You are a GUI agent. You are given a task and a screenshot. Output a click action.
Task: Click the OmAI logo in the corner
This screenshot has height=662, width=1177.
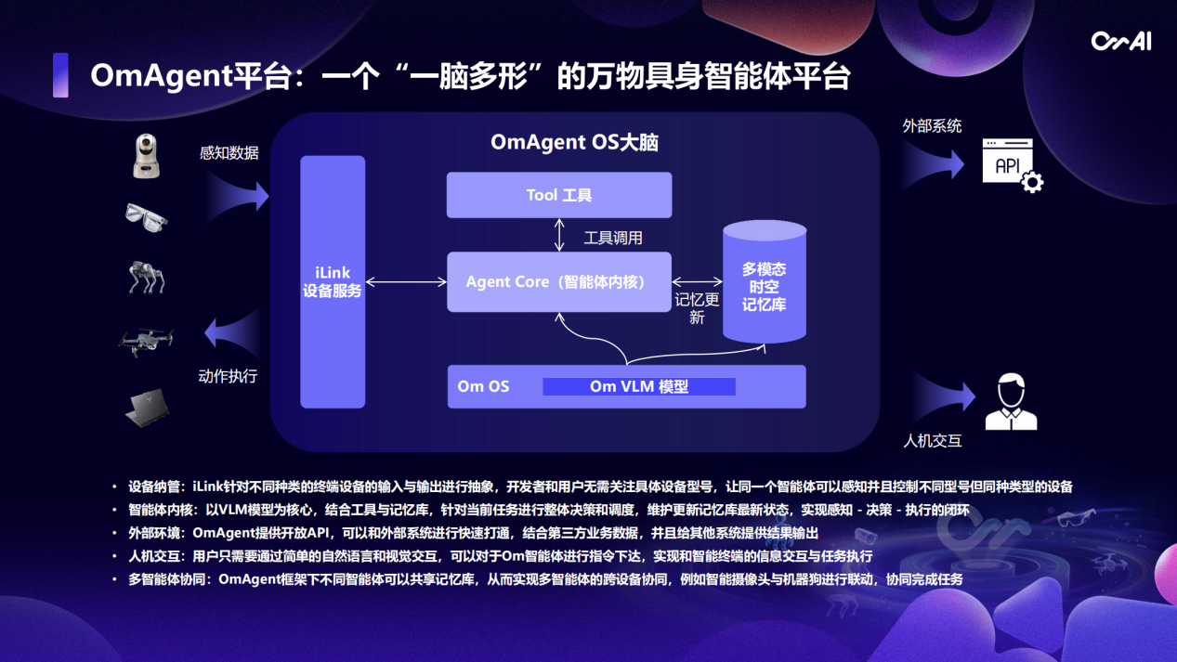click(x=1120, y=41)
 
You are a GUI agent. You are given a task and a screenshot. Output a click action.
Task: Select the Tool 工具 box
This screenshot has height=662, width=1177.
click(x=559, y=195)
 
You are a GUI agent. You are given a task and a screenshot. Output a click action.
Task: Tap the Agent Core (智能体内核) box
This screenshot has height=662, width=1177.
click(x=559, y=281)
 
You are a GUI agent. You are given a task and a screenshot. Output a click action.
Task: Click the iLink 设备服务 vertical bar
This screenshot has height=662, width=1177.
click(x=333, y=281)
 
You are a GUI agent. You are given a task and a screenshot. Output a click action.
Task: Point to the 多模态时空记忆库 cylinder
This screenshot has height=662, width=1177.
click(x=765, y=279)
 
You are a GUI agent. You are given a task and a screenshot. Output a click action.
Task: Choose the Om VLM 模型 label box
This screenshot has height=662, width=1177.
click(x=639, y=386)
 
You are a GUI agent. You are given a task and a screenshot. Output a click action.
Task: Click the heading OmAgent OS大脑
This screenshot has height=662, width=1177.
click(x=574, y=142)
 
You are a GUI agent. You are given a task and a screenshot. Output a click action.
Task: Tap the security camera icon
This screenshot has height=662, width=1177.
click(x=147, y=155)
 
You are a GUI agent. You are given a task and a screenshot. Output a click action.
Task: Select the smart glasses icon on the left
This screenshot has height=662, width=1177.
click(x=147, y=217)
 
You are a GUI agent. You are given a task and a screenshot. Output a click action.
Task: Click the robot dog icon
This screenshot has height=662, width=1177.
click(x=147, y=277)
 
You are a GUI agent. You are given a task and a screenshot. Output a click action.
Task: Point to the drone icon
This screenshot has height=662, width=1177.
click(x=146, y=341)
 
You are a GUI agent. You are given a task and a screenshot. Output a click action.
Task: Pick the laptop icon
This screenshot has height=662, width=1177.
click(x=148, y=407)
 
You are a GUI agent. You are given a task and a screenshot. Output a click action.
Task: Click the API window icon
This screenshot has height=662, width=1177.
click(x=1012, y=166)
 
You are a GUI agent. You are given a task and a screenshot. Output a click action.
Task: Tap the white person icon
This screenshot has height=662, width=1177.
click(x=1010, y=401)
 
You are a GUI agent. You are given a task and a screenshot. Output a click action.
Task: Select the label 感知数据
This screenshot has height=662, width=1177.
click(x=229, y=153)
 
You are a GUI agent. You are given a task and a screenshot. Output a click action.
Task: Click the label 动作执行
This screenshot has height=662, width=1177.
click(x=228, y=376)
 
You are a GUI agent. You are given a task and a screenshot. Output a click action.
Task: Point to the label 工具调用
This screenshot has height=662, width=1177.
click(x=613, y=238)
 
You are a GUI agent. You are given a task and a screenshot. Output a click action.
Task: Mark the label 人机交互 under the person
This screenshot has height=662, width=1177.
click(x=932, y=440)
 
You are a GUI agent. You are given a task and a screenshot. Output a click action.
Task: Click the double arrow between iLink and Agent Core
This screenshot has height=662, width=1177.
click(x=406, y=281)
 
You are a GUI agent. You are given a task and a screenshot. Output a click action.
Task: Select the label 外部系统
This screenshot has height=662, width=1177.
click(x=932, y=125)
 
